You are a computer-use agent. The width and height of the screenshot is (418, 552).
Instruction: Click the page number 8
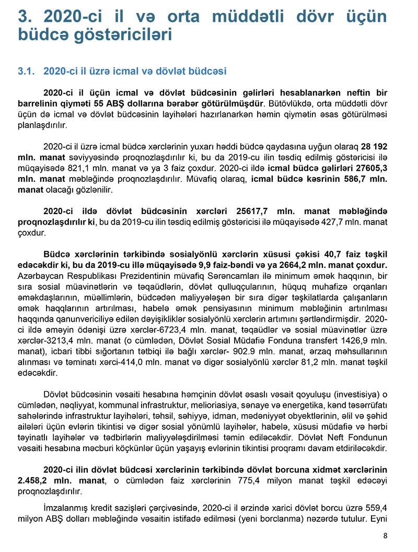click(x=385, y=535)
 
